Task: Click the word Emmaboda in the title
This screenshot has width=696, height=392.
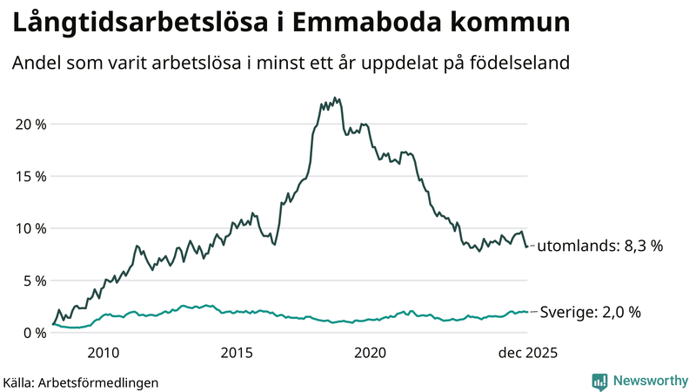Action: (x=358, y=24)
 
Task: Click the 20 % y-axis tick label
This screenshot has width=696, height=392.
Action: (x=30, y=124)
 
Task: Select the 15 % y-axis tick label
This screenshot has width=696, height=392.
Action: (x=30, y=176)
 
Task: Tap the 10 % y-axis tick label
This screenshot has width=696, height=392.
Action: (x=30, y=228)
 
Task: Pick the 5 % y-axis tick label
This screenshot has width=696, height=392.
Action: (x=33, y=280)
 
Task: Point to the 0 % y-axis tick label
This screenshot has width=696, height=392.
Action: (x=33, y=333)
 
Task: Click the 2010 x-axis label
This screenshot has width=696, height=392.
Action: (x=103, y=353)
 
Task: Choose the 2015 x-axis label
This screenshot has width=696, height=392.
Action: (x=237, y=353)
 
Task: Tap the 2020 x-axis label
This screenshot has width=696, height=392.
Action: (x=371, y=353)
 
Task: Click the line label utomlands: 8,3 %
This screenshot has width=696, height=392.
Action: (x=600, y=246)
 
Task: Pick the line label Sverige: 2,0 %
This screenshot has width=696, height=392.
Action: (x=591, y=312)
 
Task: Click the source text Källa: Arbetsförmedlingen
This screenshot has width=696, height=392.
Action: (x=81, y=382)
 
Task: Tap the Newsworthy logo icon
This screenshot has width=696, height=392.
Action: (x=599, y=381)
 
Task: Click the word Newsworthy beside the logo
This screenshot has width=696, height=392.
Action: (x=649, y=381)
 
